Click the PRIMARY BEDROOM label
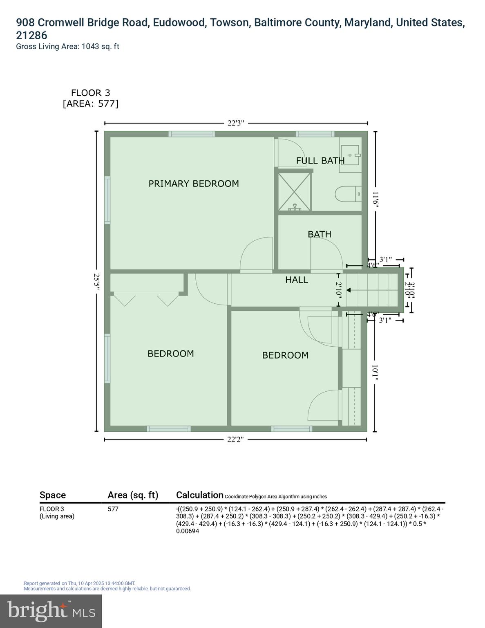point(193,184)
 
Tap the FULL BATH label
point(320,161)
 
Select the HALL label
point(297,280)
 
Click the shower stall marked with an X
point(295,192)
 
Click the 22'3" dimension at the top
point(236,123)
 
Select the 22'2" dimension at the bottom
point(235,440)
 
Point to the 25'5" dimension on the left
point(96,282)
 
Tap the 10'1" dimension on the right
point(375,373)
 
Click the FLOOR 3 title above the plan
point(90,93)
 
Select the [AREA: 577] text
point(90,104)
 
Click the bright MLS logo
point(51,611)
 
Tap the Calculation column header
point(199,495)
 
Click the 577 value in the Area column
point(113,509)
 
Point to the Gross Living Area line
point(67,47)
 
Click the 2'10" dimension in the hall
point(338,290)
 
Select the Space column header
point(53,495)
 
